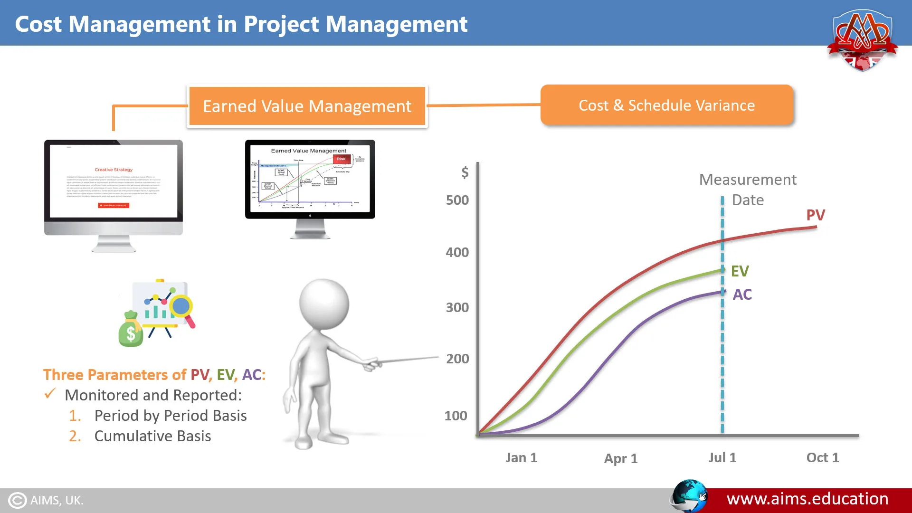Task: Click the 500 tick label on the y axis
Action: (457, 200)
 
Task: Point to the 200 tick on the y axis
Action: (457, 359)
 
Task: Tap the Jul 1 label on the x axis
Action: (722, 457)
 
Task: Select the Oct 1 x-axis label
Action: (822, 457)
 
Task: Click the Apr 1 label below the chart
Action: (620, 458)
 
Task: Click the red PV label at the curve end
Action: (816, 215)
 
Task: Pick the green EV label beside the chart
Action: (740, 271)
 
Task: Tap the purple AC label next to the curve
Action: (742, 294)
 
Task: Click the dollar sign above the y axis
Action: (465, 172)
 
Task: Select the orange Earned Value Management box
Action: (307, 106)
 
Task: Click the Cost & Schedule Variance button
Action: (666, 105)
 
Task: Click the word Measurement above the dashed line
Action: (748, 180)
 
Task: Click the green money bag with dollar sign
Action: (130, 331)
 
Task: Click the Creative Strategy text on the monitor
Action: (114, 170)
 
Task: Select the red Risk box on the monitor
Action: (341, 159)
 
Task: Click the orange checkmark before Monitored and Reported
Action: (50, 394)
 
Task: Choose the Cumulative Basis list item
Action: (152, 436)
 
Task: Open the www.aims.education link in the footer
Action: (807, 499)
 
